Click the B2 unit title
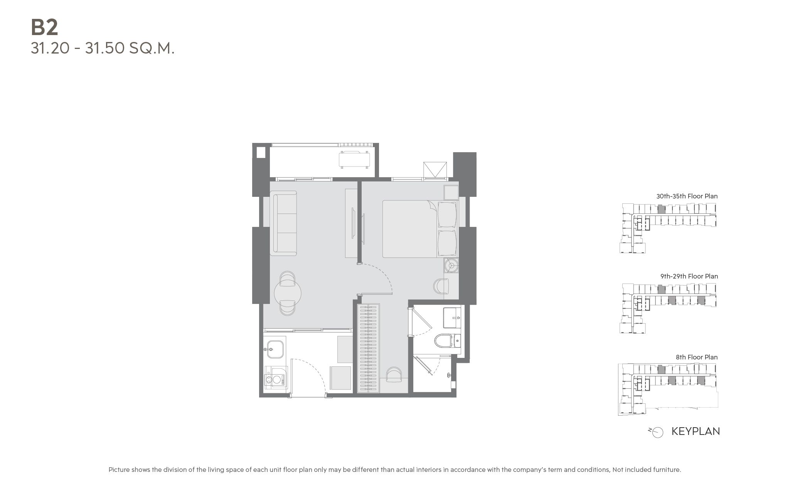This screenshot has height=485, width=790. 44,27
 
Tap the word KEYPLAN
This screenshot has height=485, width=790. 696,431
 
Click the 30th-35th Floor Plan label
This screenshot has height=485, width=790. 687,196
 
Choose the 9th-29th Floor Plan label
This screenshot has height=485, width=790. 689,276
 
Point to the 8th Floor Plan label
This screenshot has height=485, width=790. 696,357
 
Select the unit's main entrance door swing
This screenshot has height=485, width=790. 309,375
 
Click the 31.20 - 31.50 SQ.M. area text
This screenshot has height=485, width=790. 103,49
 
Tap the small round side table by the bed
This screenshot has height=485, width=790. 450,265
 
